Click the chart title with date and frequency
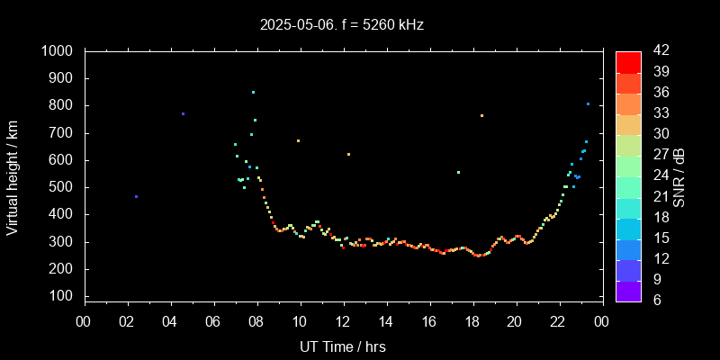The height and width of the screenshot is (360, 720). click(x=342, y=24)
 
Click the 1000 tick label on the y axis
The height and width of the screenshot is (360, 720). click(x=59, y=51)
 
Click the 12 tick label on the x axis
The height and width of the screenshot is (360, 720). click(x=343, y=321)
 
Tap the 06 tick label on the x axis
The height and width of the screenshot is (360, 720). click(x=213, y=321)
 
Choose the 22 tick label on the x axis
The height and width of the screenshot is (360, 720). click(x=559, y=321)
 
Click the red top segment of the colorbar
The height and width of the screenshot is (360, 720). click(x=628, y=61)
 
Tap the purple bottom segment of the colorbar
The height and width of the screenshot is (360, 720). click(x=628, y=291)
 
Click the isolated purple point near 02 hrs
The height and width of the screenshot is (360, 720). click(x=136, y=196)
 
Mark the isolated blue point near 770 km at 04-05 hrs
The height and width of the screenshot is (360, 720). click(x=183, y=113)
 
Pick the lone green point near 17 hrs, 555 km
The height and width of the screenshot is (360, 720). click(x=458, y=172)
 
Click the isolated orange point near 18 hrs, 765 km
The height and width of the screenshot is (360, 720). click(x=481, y=115)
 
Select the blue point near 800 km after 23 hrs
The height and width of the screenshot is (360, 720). click(x=588, y=103)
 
